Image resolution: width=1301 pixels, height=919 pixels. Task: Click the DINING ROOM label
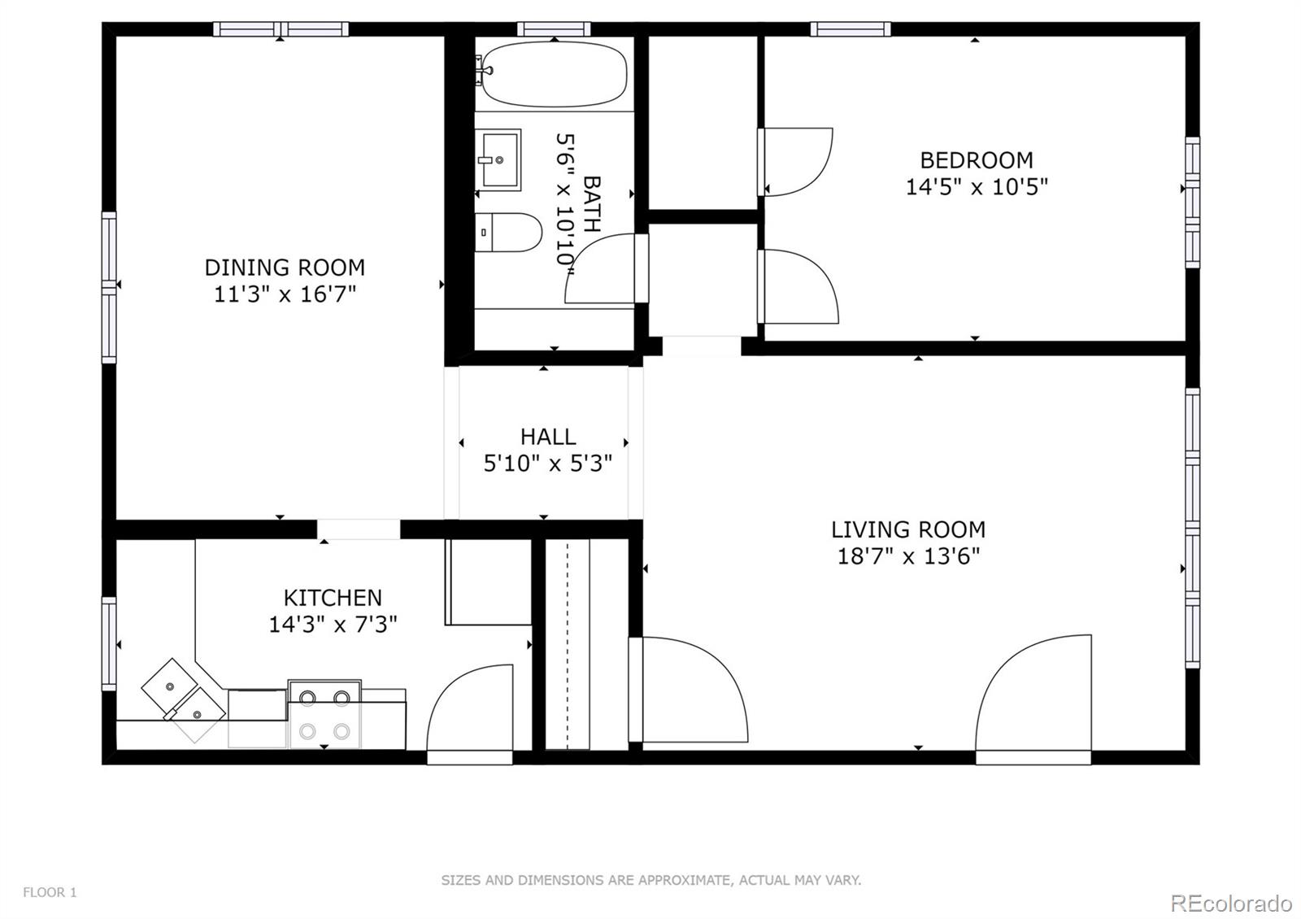point(285,267)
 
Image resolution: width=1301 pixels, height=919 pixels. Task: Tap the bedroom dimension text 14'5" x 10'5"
point(977,187)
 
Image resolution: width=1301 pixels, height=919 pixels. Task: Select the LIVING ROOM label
point(907,529)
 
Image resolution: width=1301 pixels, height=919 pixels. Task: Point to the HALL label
point(548,437)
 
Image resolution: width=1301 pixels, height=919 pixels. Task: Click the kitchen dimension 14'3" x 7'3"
point(333,625)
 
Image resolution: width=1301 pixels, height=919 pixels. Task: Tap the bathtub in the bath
point(553,74)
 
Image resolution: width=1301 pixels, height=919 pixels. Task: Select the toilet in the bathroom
point(507,232)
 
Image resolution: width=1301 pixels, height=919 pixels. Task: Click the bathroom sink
point(498,160)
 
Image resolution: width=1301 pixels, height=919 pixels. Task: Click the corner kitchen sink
point(183,699)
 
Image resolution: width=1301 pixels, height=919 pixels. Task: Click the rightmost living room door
point(1034,699)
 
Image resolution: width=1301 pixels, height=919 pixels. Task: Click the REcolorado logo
point(1230,903)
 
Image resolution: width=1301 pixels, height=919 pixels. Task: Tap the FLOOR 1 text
point(50,892)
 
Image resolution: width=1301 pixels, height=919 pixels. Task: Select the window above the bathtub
point(553,29)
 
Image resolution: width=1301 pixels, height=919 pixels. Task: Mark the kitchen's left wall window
point(108,643)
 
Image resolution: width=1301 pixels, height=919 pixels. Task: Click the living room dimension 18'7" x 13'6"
point(908,556)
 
